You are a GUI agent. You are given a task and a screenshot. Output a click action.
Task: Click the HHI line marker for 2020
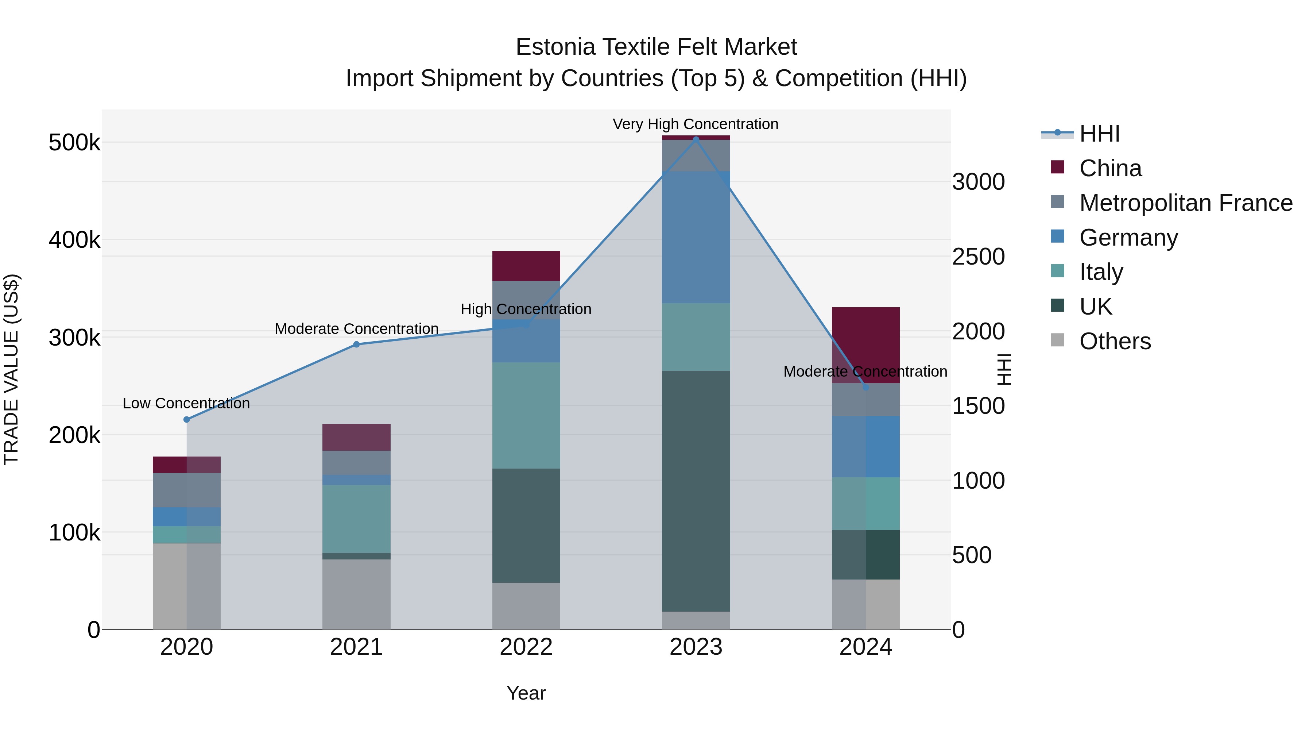click(186, 419)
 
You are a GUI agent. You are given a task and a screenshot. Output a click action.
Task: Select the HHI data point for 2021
click(356, 344)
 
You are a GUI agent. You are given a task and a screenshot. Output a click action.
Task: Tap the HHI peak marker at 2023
click(696, 139)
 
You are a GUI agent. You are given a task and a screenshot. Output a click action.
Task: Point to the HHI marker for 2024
click(865, 388)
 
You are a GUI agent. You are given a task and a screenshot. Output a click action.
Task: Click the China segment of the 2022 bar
click(526, 266)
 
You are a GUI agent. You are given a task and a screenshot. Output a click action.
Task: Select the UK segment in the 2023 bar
click(696, 490)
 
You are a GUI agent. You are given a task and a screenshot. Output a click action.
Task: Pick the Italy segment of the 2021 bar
click(356, 518)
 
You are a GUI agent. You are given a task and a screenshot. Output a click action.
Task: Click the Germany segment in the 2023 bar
click(696, 237)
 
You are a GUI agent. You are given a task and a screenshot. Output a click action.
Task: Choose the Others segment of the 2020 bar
click(186, 586)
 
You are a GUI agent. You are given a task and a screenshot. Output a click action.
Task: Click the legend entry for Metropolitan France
click(1186, 203)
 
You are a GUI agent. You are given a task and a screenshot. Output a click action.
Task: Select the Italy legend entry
click(1101, 272)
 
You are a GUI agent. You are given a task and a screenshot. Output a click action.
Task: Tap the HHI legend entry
click(1099, 134)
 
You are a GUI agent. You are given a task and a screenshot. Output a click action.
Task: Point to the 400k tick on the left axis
click(74, 240)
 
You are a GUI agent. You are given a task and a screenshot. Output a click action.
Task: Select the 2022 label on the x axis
click(526, 647)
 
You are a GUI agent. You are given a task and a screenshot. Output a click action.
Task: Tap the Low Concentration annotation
click(186, 403)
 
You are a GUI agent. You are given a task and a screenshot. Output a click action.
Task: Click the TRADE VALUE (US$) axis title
click(11, 369)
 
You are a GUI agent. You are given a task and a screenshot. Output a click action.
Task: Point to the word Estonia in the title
click(555, 47)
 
